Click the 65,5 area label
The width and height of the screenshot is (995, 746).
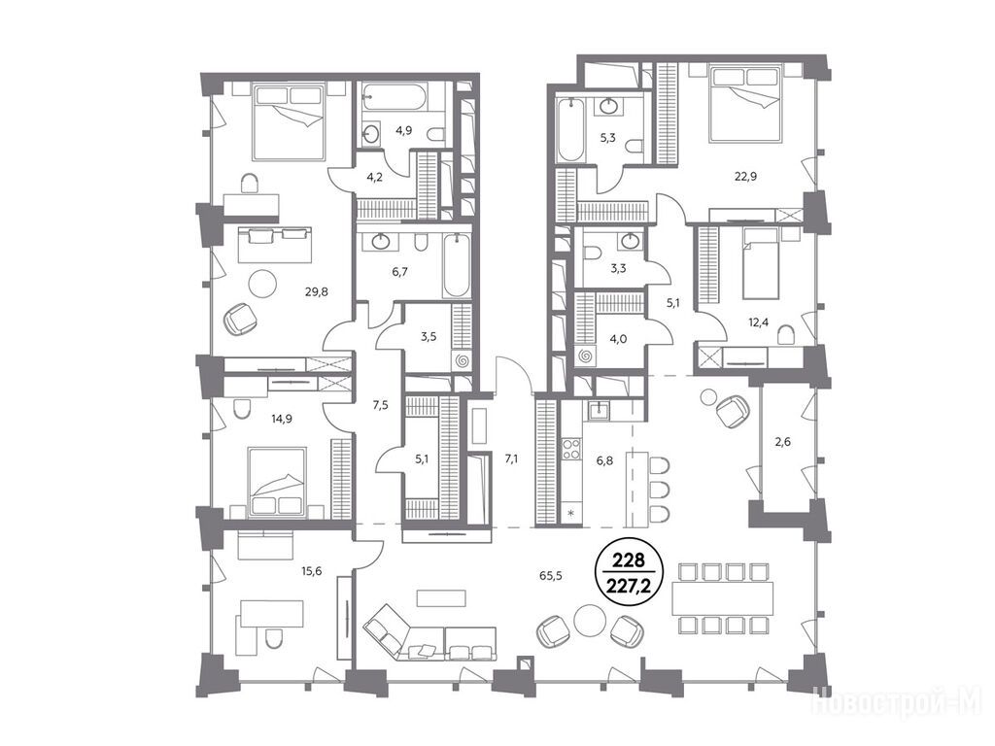pyautogui.click(x=552, y=576)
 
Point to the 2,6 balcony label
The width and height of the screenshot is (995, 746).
pyautogui.click(x=784, y=442)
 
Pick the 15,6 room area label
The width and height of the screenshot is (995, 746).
pyautogui.click(x=312, y=571)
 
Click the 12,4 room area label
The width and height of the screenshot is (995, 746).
pyautogui.click(x=758, y=322)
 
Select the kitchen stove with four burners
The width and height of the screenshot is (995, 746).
pyautogui.click(x=571, y=449)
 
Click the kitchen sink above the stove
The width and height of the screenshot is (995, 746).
pyautogui.click(x=599, y=411)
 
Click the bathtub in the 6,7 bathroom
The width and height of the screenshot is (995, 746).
pyautogui.click(x=457, y=265)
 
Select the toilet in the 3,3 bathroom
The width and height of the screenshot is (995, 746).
pyautogui.click(x=592, y=254)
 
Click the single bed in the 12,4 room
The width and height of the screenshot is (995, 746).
pyautogui.click(x=761, y=263)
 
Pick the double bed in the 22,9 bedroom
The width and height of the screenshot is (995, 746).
pyautogui.click(x=744, y=105)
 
